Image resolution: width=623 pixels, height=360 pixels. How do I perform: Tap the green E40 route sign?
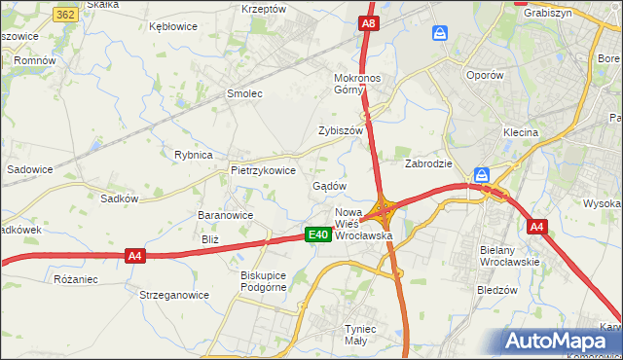(x=316, y=234)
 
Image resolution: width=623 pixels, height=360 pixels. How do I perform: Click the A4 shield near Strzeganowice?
(x=135, y=256)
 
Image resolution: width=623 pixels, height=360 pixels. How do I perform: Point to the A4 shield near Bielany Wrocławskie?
(x=536, y=227)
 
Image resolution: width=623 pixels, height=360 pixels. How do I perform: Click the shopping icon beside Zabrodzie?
(x=482, y=175)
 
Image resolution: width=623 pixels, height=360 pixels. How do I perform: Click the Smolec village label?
(x=244, y=94)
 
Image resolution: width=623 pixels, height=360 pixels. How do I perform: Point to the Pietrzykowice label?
(x=263, y=169)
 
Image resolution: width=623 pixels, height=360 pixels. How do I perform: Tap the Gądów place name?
(x=329, y=186)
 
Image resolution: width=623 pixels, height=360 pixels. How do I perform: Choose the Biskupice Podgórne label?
(x=263, y=281)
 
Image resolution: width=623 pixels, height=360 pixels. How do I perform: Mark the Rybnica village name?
(x=193, y=155)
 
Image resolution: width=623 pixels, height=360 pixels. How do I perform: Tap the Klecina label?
(x=521, y=132)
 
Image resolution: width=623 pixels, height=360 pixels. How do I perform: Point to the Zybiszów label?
(x=340, y=130)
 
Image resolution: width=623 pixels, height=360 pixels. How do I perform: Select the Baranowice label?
(x=225, y=216)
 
